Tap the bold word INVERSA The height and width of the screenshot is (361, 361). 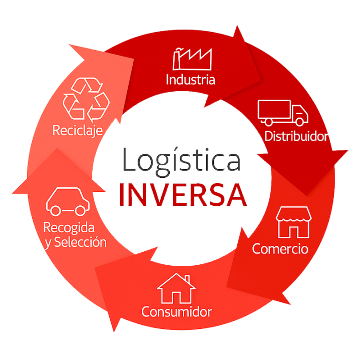point(183,195)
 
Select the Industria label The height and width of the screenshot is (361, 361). point(190,79)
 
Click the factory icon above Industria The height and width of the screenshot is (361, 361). point(192,58)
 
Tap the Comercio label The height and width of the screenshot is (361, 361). point(280,248)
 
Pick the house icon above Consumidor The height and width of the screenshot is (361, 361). point(176,288)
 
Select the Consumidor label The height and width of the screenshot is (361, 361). point(176,312)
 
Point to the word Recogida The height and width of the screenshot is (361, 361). point(69,228)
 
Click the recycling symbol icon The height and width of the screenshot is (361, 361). point(86,99)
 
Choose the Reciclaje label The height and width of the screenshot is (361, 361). point(78,131)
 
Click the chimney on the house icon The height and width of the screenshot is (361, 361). point(186,278)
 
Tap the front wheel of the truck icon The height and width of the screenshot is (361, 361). point(299,122)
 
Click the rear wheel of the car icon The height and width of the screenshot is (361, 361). point(56,210)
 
